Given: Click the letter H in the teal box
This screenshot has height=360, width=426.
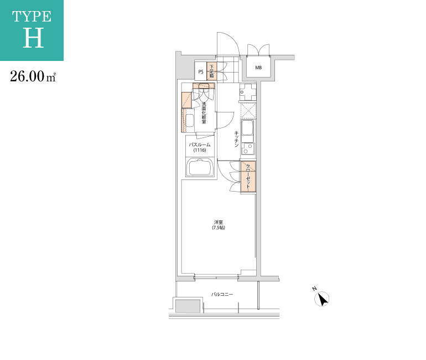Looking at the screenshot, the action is [33, 38].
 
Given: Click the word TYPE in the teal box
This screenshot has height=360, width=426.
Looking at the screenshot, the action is [32, 17].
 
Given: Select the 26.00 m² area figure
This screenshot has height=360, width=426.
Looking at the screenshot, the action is [33, 76].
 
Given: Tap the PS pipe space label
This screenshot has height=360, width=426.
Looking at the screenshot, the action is [201, 72].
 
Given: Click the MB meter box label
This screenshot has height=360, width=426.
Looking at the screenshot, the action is [258, 68].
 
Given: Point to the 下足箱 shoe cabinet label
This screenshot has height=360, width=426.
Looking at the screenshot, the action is [212, 71].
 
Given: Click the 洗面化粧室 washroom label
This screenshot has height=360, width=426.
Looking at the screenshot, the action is [204, 113].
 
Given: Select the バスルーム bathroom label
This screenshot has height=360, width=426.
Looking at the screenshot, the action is [200, 145].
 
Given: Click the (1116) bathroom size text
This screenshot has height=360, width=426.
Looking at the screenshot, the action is [200, 150].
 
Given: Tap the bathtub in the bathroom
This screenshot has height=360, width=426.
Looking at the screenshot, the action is [200, 167].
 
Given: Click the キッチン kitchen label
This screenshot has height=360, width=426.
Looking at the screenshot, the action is [236, 139].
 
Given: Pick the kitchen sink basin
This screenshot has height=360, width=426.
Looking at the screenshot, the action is [247, 128].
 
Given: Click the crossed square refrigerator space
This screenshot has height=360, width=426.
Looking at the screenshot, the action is [248, 111].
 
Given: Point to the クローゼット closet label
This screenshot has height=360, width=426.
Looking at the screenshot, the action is [248, 176].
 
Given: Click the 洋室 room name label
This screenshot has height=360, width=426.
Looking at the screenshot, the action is [219, 223].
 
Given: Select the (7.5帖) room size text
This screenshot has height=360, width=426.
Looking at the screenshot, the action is [219, 228].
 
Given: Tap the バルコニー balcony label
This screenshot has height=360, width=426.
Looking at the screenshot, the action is [222, 294].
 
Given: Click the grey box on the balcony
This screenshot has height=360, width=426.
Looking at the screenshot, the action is [188, 306].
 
